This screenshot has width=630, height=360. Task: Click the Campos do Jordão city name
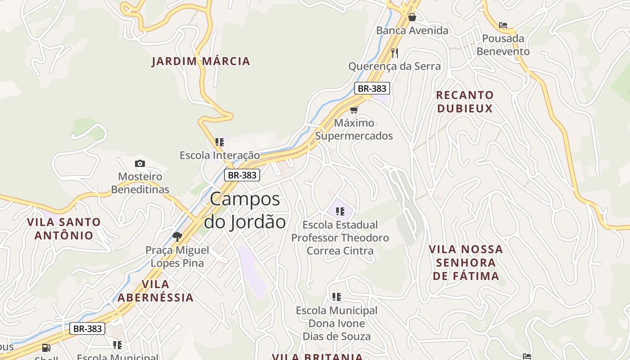245,211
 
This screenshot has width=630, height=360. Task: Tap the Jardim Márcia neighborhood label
201,61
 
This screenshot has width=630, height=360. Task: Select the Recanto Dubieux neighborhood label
465,102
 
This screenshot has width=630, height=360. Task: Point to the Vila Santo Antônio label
64,229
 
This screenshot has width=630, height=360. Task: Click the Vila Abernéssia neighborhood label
156,291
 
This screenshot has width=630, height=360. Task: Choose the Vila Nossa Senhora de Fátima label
466,262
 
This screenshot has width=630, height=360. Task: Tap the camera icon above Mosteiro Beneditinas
140,163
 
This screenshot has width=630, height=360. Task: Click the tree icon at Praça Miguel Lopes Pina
177,236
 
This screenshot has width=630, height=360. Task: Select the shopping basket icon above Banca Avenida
412,17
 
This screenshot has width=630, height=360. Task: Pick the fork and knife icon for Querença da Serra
395,53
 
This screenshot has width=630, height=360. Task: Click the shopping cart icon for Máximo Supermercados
354,110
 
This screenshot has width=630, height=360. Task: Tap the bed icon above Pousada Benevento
503,25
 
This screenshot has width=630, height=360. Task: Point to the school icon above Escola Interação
220,142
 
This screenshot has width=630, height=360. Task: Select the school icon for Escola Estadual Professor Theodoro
340,211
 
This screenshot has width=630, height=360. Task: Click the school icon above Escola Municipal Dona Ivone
337,297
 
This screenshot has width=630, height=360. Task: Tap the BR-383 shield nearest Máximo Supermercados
372,88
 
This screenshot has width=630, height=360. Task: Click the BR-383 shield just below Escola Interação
242,175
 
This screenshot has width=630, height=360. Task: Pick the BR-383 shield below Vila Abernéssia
87,328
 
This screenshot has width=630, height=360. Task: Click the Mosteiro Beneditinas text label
140,183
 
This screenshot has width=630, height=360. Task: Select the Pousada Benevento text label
503,45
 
